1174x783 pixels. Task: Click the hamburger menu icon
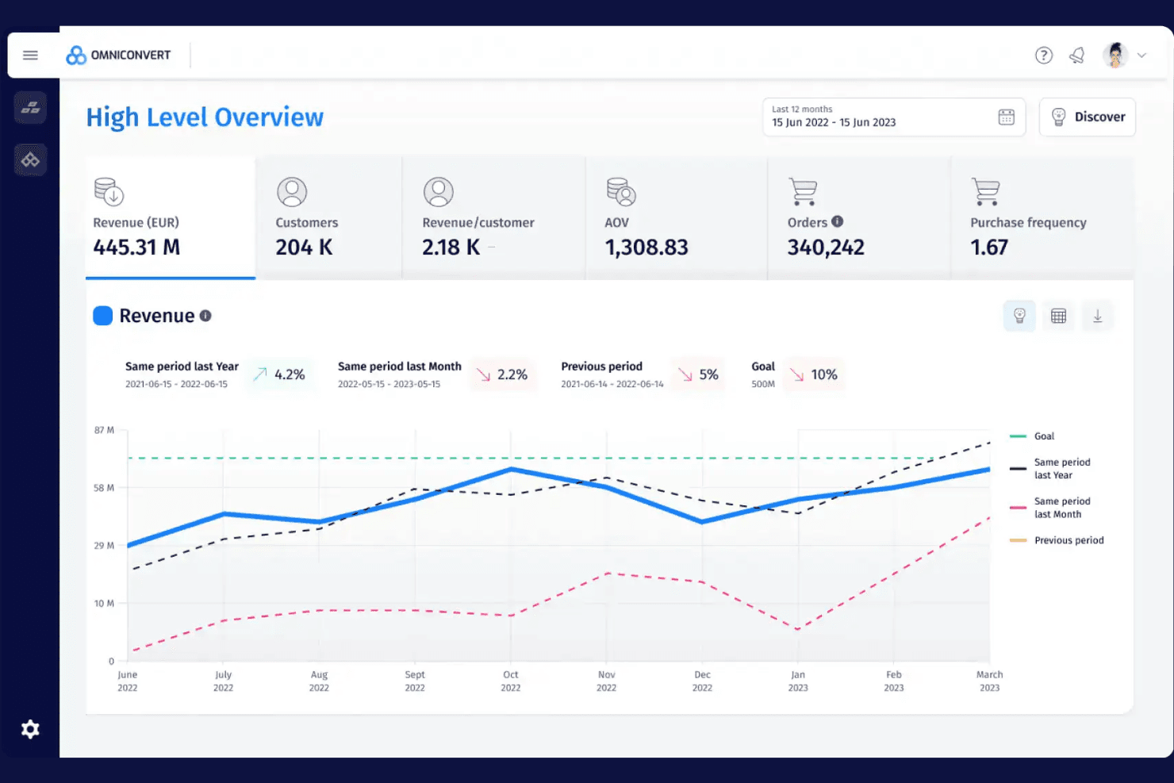30,55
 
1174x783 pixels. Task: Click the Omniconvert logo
118,55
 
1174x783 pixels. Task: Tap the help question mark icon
1043,55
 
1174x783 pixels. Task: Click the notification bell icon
1077,55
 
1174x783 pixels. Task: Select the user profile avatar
1115,55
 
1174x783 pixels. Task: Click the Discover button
1088,117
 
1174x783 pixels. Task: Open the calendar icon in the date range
1006,117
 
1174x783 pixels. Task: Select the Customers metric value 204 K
304,248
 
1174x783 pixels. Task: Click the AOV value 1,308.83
646,248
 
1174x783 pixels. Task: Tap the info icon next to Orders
838,221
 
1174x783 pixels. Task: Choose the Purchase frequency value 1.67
989,248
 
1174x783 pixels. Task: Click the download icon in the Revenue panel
1098,316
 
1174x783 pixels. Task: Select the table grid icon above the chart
1058,316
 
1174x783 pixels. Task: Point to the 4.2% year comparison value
290,374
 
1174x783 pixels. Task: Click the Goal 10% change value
824,374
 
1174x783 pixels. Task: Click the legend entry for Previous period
1057,540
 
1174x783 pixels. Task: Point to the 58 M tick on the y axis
104,488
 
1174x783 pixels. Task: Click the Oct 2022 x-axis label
511,681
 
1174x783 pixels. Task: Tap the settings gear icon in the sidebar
30,729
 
